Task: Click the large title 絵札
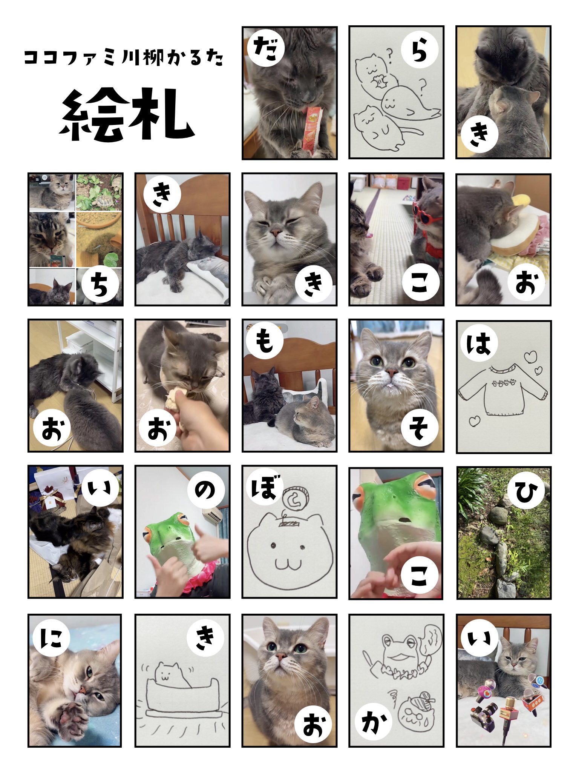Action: pyautogui.click(x=127, y=115)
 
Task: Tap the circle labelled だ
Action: pyautogui.click(x=266, y=48)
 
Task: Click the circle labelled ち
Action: pyautogui.click(x=99, y=284)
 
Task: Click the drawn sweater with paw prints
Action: pyautogui.click(x=502, y=391)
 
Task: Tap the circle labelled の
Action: pyautogui.click(x=206, y=490)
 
